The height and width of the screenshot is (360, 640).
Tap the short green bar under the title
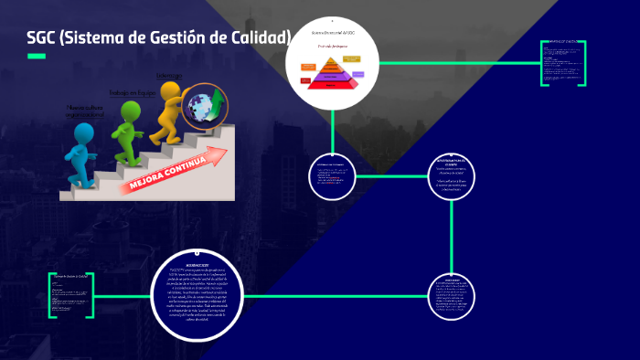[37, 57]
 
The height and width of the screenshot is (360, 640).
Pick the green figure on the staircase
[128, 128]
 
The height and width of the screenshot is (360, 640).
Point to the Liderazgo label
[169, 75]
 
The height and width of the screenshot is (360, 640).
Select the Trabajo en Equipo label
[133, 92]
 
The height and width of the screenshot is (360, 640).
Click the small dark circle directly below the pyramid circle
[332, 176]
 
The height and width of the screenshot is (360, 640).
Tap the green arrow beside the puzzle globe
[220, 96]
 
